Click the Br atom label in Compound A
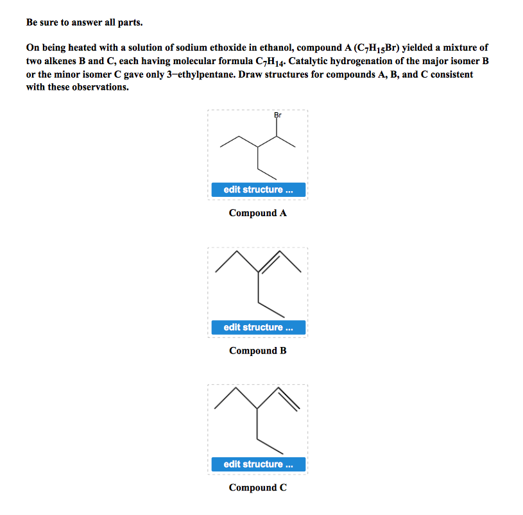point(278,115)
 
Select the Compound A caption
point(257,213)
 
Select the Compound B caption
point(257,351)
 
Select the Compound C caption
point(257,487)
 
